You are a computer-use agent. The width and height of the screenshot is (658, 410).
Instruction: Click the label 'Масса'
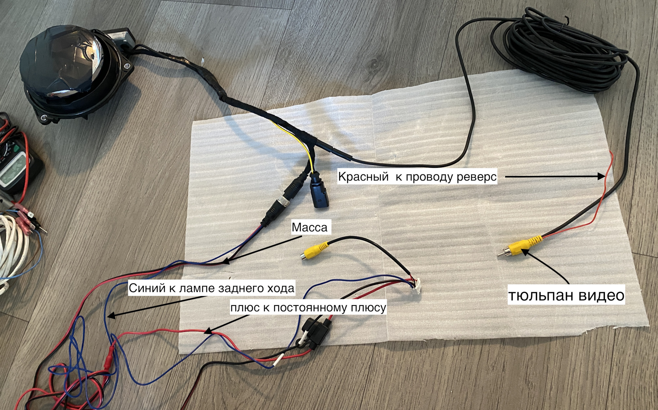pyautogui.click(x=309, y=227)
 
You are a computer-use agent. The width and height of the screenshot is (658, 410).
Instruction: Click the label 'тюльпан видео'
pyautogui.click(x=566, y=295)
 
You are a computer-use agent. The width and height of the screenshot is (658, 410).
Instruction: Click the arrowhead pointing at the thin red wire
pyautogui.click(x=603, y=177)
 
